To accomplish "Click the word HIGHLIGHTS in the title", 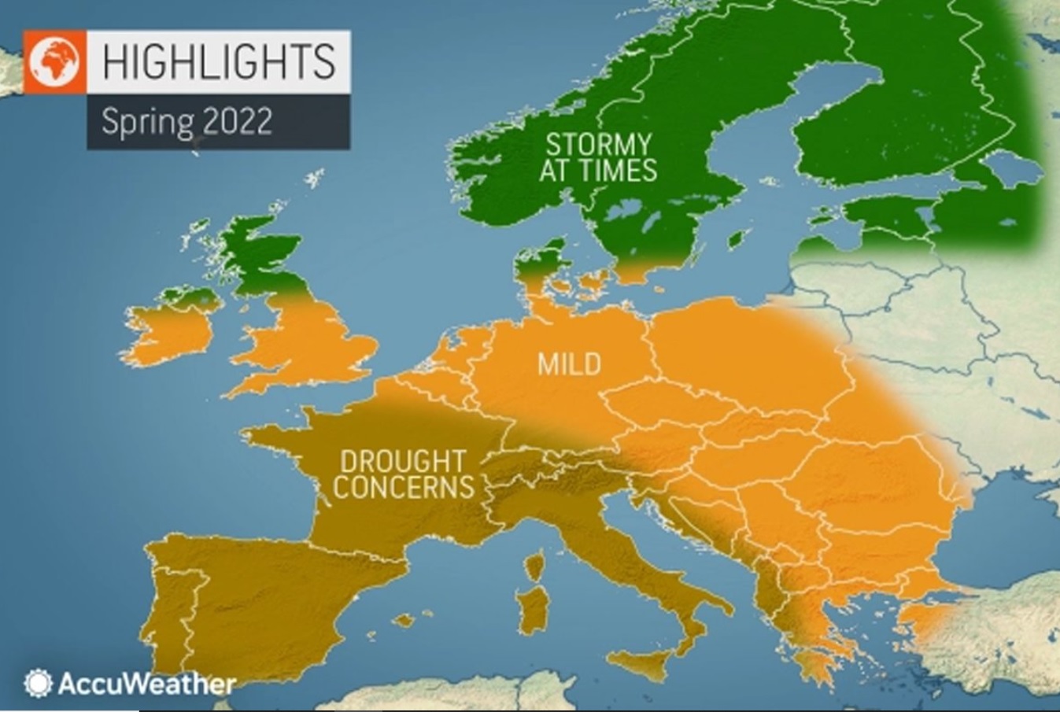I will (x=218, y=61).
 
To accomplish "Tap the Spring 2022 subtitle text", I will (x=187, y=122).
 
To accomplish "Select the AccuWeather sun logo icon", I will (x=37, y=683).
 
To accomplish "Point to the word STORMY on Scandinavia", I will (x=598, y=144).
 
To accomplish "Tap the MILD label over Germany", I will (x=569, y=364).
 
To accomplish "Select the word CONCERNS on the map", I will (x=403, y=487).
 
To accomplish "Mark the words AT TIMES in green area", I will (x=598, y=170).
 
